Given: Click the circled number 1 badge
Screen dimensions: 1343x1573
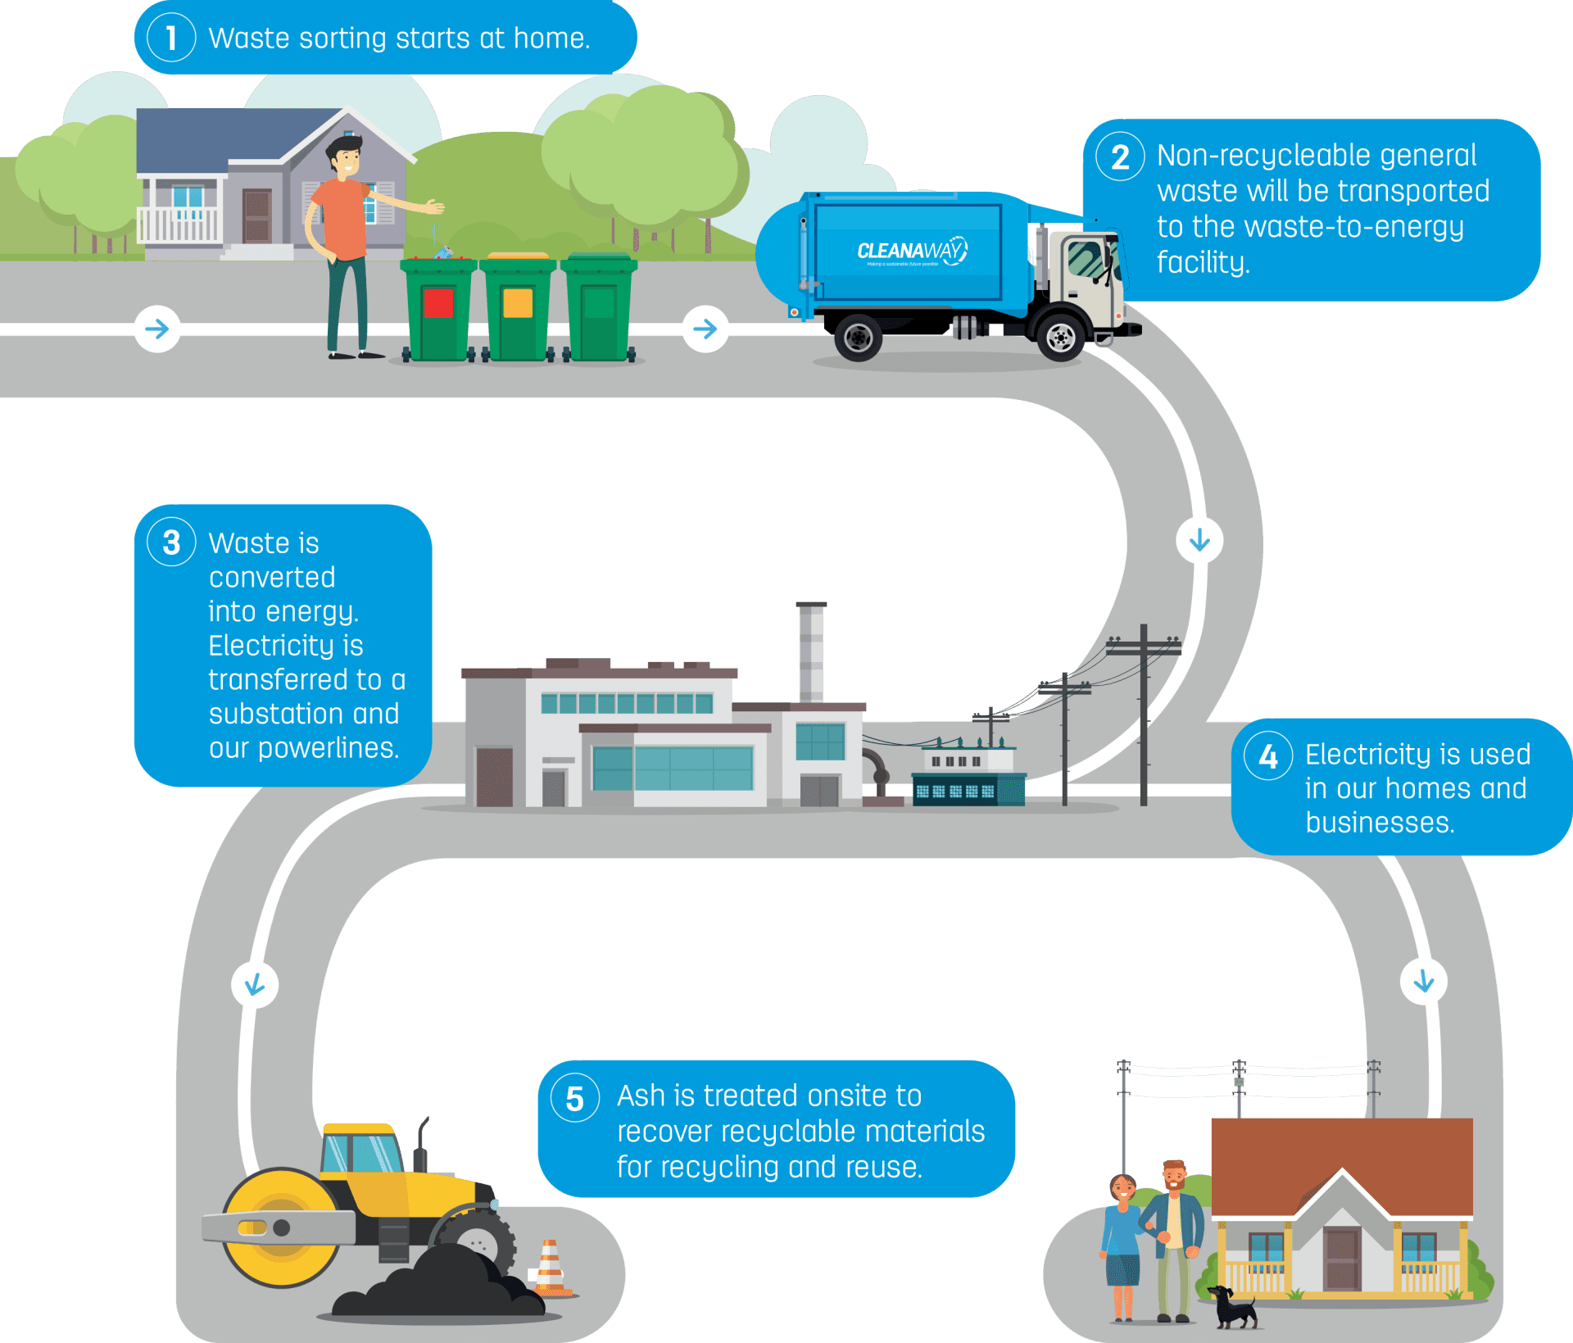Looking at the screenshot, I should (x=171, y=38).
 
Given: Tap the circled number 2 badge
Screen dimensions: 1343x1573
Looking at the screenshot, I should (x=1120, y=157).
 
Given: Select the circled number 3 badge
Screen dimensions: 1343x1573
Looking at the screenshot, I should (x=171, y=542).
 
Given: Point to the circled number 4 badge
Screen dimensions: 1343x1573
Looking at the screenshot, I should (x=1268, y=755).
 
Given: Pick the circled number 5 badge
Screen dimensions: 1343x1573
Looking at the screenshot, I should (x=575, y=1098).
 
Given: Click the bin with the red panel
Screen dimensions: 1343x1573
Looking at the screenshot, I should (x=438, y=310).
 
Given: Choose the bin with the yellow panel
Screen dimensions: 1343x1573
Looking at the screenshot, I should (x=518, y=310).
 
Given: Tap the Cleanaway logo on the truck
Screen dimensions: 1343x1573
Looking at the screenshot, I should (x=912, y=251).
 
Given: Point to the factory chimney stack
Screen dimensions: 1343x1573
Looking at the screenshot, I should (x=810, y=651).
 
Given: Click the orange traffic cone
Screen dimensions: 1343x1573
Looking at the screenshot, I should (x=549, y=1267).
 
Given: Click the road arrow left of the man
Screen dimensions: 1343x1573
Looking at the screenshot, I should (x=157, y=329).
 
